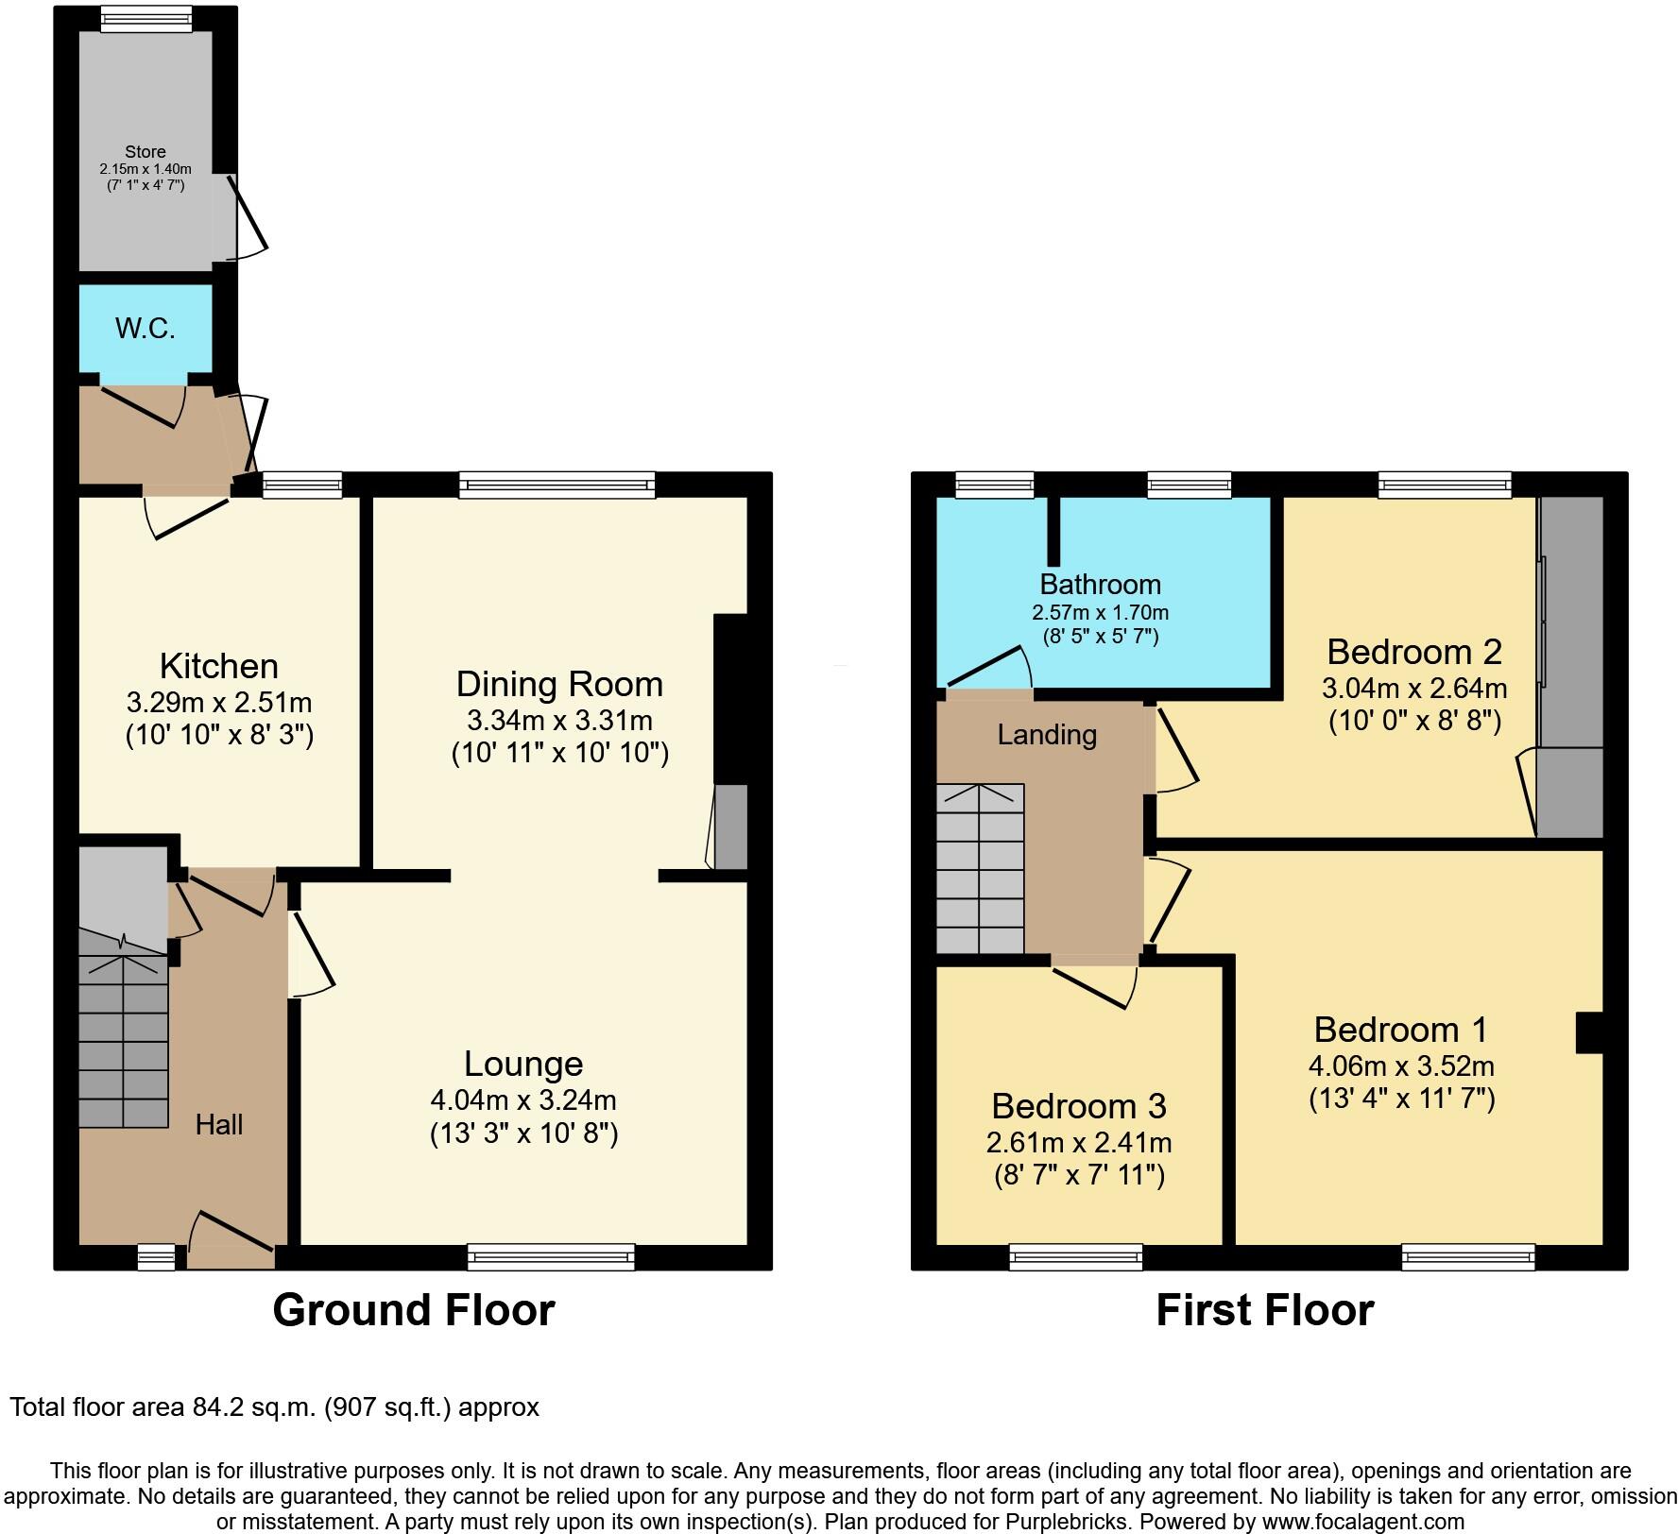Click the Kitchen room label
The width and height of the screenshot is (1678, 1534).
point(218,666)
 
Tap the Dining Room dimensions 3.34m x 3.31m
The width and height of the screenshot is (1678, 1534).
point(559,721)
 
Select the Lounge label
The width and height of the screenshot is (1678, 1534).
point(522,1064)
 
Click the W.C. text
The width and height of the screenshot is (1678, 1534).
point(146,329)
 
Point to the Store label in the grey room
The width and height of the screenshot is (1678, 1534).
point(146,152)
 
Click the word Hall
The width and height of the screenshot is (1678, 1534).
point(219,1124)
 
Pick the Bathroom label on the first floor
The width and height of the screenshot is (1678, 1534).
point(1100,584)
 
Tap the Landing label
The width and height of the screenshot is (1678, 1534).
point(1047,735)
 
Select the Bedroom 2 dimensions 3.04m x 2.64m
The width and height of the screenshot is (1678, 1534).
point(1413,688)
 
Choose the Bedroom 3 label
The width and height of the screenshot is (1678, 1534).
point(1078,1105)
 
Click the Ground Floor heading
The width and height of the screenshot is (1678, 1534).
point(413,1310)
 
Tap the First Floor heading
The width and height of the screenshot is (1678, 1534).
point(1264,1310)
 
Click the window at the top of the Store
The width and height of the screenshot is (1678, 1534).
point(146,19)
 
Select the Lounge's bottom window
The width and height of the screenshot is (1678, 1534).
point(551,1256)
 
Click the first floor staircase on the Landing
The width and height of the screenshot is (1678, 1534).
point(980,869)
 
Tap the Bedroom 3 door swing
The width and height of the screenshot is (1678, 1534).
point(1096,984)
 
